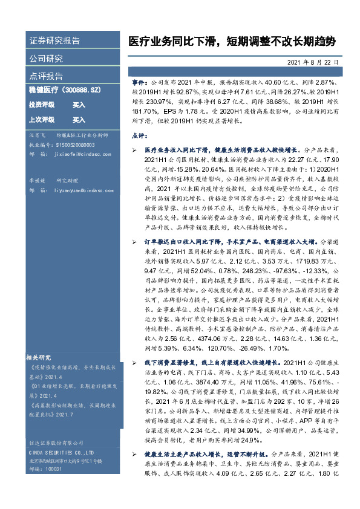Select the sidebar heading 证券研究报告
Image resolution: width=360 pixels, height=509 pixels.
(54, 41)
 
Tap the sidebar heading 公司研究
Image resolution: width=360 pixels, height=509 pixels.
(46, 59)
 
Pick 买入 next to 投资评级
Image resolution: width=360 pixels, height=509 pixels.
(79, 105)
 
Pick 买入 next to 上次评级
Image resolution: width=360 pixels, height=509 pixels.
(79, 120)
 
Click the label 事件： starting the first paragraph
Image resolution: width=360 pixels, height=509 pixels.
(140, 80)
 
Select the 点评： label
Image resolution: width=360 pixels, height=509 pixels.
(140, 135)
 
